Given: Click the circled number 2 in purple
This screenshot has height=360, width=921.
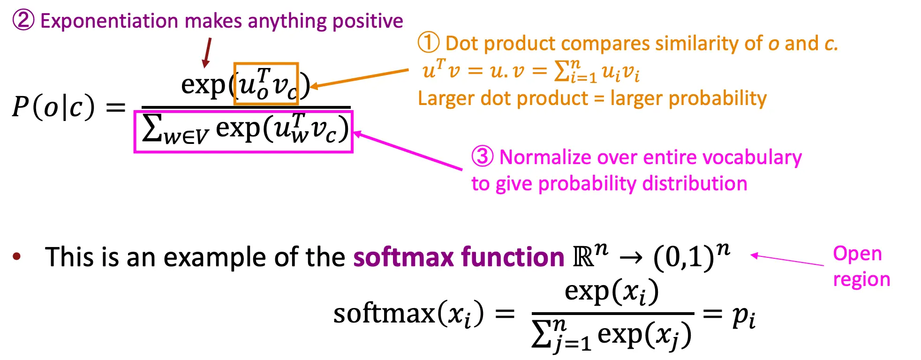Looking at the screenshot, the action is click(23, 21).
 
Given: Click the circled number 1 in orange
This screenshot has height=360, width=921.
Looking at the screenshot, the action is click(429, 43).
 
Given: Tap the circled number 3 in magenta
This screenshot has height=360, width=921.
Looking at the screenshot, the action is click(483, 157).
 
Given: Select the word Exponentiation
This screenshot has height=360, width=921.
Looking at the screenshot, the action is click(109, 22).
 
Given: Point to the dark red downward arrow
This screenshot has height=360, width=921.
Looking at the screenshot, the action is click(207, 52).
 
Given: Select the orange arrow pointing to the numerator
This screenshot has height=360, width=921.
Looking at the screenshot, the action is click(359, 78).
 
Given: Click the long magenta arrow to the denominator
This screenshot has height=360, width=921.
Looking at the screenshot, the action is click(407, 150).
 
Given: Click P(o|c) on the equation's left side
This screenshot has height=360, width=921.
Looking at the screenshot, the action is click(53, 107).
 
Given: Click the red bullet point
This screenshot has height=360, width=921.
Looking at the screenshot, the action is click(17, 256).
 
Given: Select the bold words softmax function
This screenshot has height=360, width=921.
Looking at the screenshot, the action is click(459, 257).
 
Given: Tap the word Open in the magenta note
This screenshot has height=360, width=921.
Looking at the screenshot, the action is click(857, 254).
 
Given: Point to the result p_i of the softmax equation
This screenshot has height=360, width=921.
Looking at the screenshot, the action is click(744, 317).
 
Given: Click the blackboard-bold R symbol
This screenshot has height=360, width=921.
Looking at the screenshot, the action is click(583, 257).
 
